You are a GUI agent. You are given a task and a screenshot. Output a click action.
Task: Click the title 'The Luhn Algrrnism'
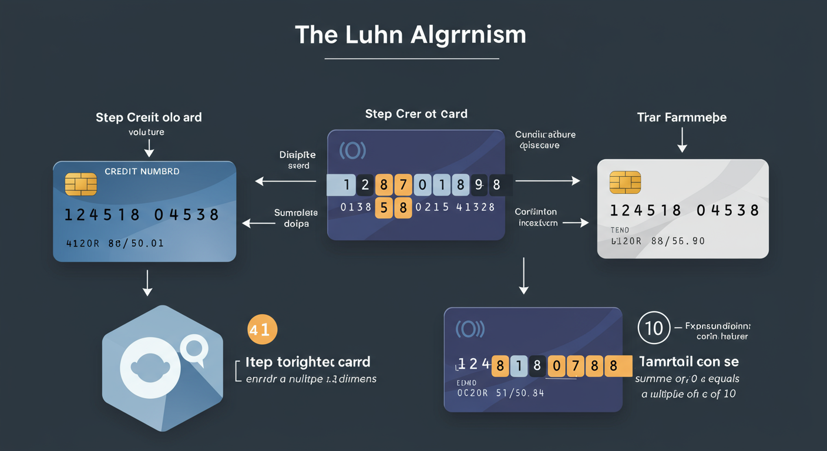(411, 35)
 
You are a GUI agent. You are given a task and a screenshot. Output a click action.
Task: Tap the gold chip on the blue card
(81, 184)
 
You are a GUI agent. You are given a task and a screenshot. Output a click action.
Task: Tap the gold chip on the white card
(625, 182)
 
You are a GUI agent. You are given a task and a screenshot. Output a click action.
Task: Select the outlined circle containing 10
(654, 328)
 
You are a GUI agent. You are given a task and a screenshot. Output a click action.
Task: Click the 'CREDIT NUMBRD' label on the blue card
(142, 171)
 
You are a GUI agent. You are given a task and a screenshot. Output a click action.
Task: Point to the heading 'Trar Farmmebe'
(681, 117)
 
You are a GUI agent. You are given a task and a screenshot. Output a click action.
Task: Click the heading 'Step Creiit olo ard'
(149, 117)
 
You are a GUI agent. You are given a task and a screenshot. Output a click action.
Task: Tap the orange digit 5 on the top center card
(384, 207)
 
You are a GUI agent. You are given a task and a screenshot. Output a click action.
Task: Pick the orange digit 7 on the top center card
(402, 186)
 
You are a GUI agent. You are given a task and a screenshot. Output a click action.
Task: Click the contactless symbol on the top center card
(352, 150)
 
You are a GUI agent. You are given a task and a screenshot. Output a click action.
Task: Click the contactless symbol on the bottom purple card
(469, 329)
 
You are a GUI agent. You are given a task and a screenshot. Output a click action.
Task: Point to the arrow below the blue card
(148, 284)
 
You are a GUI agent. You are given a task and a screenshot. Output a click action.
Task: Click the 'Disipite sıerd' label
(298, 160)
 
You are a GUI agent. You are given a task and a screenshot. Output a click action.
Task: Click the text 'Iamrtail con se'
(688, 361)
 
